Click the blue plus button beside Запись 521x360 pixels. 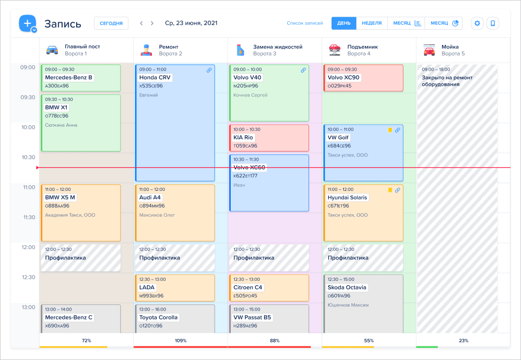(x=27, y=23)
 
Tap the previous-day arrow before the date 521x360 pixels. (x=141, y=23)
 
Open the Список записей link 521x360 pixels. (x=305, y=23)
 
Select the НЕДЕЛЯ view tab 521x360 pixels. (x=372, y=23)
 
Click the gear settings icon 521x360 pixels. (x=477, y=23)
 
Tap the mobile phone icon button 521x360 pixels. (x=493, y=23)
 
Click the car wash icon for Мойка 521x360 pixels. (x=429, y=50)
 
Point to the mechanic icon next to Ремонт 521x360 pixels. (x=146, y=50)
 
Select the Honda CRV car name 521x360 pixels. (x=155, y=77)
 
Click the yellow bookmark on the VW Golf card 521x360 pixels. (x=390, y=130)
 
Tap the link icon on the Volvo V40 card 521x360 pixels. (x=303, y=70)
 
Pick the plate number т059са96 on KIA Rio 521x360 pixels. (x=245, y=145)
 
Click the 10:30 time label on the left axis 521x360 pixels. (x=28, y=157)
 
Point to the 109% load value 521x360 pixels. (x=180, y=340)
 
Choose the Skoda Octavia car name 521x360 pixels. (x=347, y=287)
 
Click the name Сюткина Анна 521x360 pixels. (x=61, y=125)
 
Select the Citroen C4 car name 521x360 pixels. (x=248, y=287)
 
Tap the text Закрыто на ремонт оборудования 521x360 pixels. (x=447, y=81)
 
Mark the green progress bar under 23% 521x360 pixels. (x=427, y=347)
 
